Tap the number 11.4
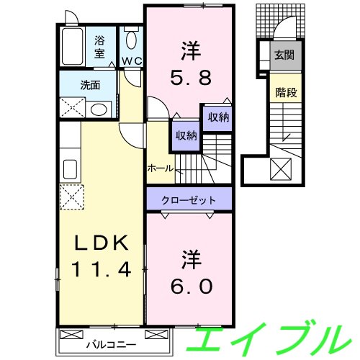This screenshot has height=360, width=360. (102, 271)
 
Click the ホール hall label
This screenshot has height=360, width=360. (160, 168)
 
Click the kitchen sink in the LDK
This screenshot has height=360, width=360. (71, 170)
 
